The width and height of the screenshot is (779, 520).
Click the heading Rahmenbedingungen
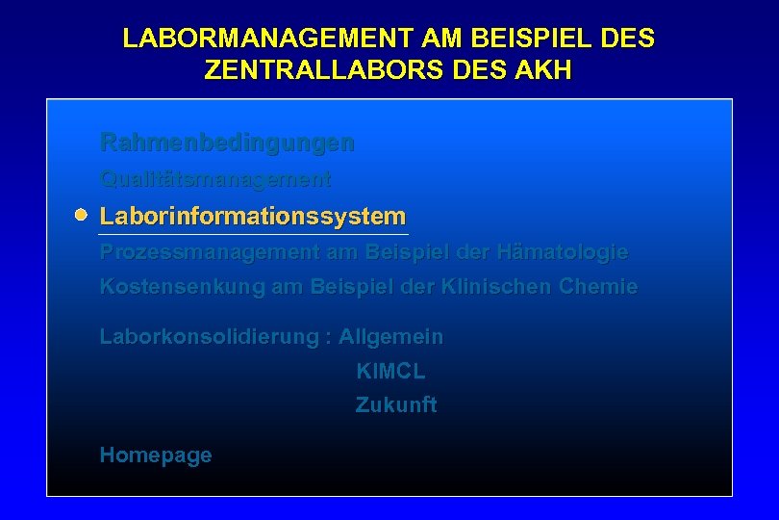coord(227,143)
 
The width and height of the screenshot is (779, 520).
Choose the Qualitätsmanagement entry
coord(215,179)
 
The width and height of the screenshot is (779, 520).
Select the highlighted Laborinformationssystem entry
coord(253,216)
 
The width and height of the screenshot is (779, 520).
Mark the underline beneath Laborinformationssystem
coord(254,234)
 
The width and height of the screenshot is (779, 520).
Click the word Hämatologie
coord(563,252)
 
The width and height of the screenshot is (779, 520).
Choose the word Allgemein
coord(390,337)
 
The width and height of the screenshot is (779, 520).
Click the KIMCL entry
coord(390,372)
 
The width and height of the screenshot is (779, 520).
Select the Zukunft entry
coord(396,405)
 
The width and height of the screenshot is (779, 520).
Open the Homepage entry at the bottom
coord(156,455)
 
